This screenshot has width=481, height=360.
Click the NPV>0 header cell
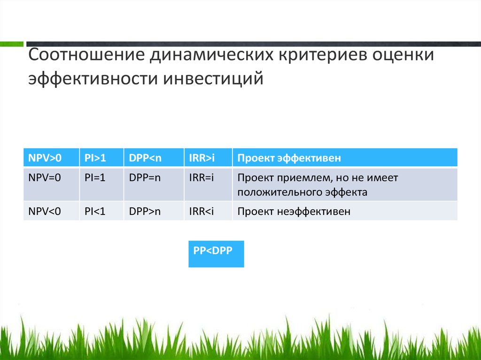click(51, 158)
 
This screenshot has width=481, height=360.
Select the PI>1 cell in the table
click(101, 158)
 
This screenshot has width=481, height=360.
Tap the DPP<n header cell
click(154, 158)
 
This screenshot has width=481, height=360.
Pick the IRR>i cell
click(208, 158)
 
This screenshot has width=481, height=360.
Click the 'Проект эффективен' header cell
click(345, 158)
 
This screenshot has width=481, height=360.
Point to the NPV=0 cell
click(51, 184)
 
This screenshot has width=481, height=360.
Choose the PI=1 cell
click(101, 184)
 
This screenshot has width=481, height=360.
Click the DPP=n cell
click(154, 184)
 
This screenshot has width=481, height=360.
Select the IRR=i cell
click(208, 184)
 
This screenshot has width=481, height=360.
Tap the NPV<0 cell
click(51, 211)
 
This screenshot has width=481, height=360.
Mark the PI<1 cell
click(101, 211)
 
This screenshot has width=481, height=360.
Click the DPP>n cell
click(154, 211)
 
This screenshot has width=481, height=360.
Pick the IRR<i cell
click(208, 211)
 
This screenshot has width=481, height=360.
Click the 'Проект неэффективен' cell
click(345, 211)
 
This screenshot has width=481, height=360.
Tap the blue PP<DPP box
click(216, 254)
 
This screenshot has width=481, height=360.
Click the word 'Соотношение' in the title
click(86, 54)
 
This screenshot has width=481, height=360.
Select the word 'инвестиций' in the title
click(213, 78)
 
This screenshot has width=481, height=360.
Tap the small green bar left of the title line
click(12, 44)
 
